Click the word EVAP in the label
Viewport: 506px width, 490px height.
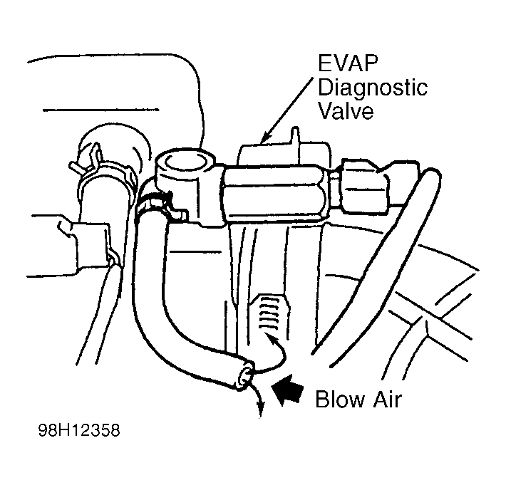[348, 63]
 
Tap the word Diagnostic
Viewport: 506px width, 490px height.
[373, 88]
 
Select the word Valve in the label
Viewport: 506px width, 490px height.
[346, 110]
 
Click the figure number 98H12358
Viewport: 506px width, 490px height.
[79, 430]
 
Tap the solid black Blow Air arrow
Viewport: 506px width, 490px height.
[287, 390]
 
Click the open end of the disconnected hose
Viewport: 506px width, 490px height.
[244, 377]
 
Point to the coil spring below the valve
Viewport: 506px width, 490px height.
[269, 313]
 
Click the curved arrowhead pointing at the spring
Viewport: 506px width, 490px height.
[270, 339]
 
